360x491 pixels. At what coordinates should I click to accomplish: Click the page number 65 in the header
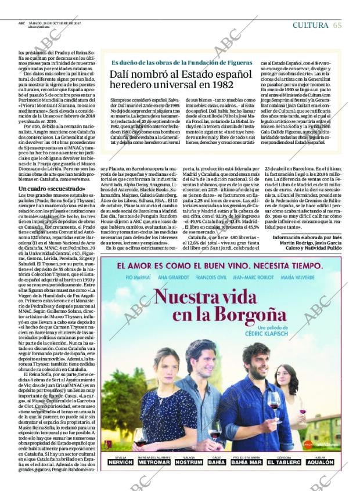coord(337,24)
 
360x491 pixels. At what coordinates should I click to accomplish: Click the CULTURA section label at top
coord(311,24)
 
